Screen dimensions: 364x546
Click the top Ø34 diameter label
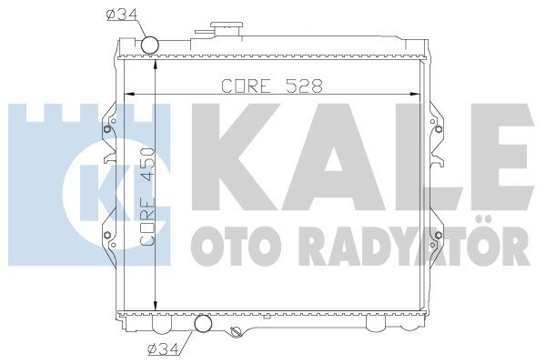(121, 14)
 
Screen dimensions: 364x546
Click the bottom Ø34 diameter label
(162, 347)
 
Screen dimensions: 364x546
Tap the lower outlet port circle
(204, 324)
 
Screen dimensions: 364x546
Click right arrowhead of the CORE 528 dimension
(420, 95)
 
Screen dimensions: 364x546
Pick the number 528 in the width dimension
(302, 86)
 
